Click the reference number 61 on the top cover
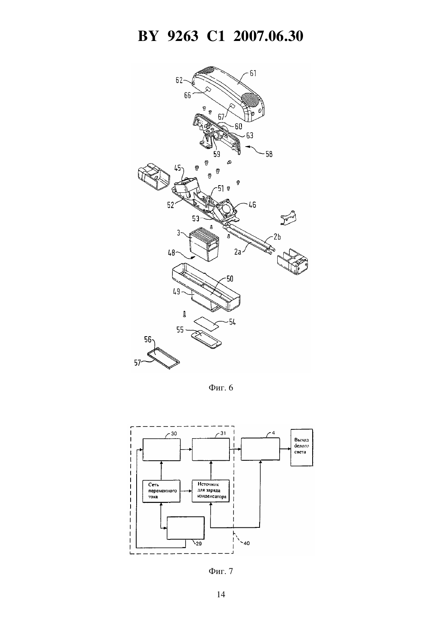[x=253, y=74]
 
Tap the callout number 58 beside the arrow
[x=269, y=154]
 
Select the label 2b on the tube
[x=277, y=237]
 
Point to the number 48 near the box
[x=172, y=253]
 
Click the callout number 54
[x=232, y=322]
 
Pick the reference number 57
[x=137, y=363]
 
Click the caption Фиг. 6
[x=221, y=388]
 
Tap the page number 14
[x=221, y=594]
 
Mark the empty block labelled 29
[x=186, y=528]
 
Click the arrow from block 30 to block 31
[x=186, y=449]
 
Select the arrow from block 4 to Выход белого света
[x=285, y=449]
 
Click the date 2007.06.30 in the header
[x=268, y=36]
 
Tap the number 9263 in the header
[x=182, y=36]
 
